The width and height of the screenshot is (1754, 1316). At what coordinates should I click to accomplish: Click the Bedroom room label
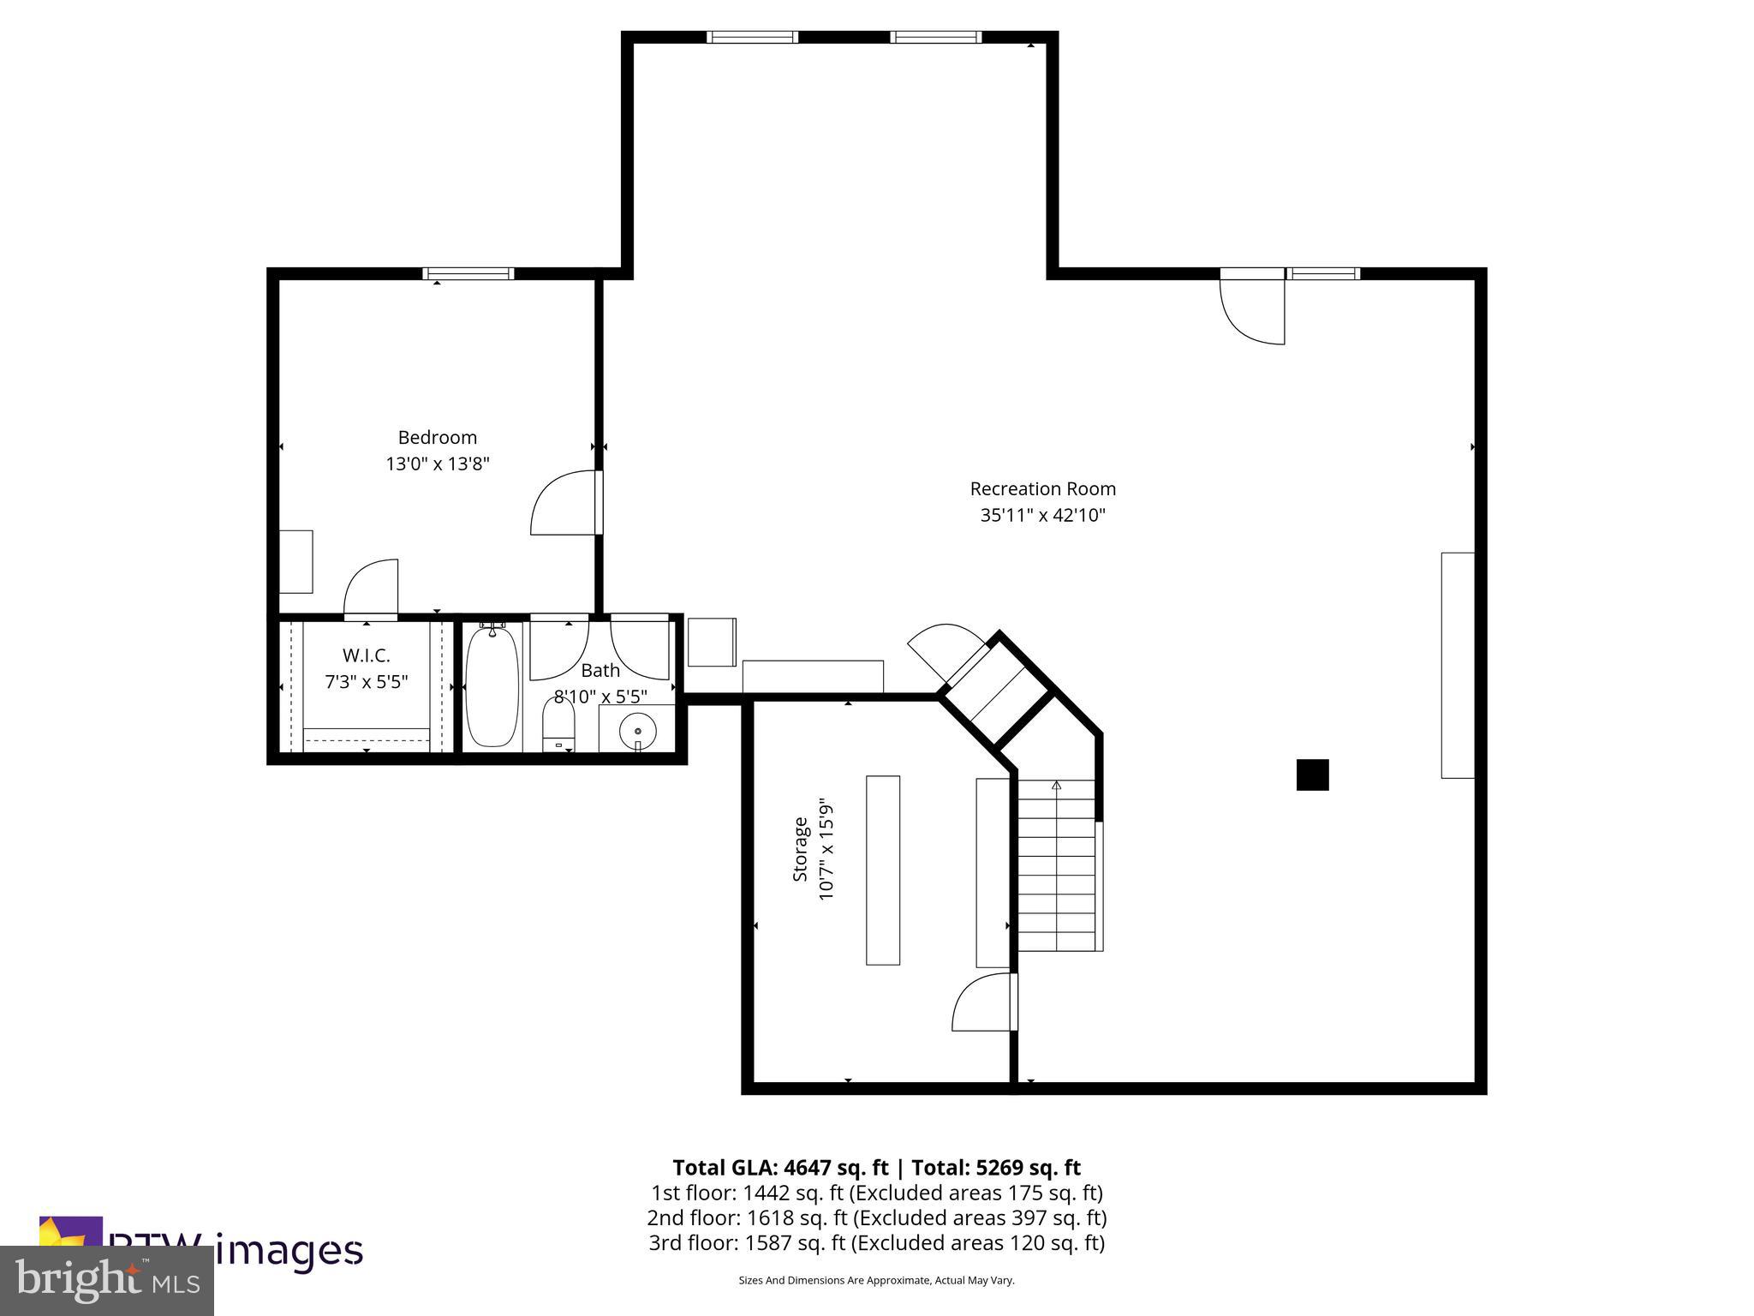point(437,438)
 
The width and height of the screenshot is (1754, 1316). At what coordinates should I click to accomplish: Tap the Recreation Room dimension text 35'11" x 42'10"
point(1042,516)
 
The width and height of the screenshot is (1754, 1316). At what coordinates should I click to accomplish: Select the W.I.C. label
point(366,655)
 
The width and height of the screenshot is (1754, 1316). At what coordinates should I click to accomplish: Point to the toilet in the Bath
point(558,727)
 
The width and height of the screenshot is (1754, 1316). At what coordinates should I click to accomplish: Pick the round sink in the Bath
point(637,731)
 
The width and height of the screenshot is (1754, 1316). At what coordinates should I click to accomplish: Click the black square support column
point(1312,775)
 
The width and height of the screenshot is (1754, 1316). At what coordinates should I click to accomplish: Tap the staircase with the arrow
point(1056,865)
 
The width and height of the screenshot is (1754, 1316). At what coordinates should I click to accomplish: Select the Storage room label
point(800,849)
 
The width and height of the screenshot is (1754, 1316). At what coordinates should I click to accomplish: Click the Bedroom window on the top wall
point(468,274)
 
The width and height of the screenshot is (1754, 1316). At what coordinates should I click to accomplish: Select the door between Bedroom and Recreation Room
point(565,503)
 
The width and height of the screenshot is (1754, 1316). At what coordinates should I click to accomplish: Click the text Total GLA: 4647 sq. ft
point(780,1168)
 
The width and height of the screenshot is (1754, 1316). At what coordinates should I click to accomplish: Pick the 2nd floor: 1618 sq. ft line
point(876,1217)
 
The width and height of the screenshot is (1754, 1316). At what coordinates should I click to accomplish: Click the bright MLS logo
point(107,1280)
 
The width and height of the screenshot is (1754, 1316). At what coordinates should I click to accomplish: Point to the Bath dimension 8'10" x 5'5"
point(600,697)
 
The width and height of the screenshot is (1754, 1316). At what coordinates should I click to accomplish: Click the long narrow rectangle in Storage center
point(883,870)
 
